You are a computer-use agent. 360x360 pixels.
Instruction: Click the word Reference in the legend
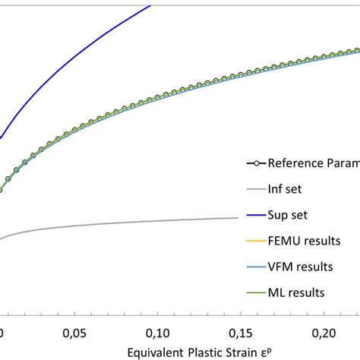[305, 163]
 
